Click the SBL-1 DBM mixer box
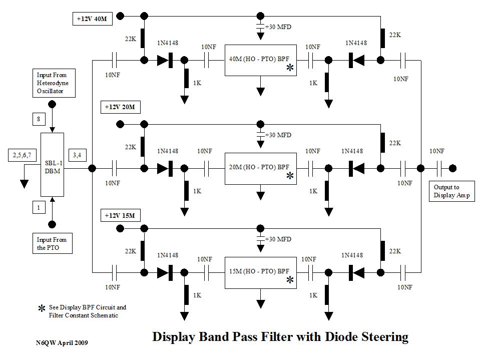(x=52, y=165)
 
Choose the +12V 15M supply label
(x=120, y=215)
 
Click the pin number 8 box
(x=39, y=119)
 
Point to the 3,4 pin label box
(x=78, y=155)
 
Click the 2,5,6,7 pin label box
(x=22, y=155)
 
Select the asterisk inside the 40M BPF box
(x=290, y=69)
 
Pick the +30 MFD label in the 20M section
(x=278, y=135)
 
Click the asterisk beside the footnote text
(x=42, y=310)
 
